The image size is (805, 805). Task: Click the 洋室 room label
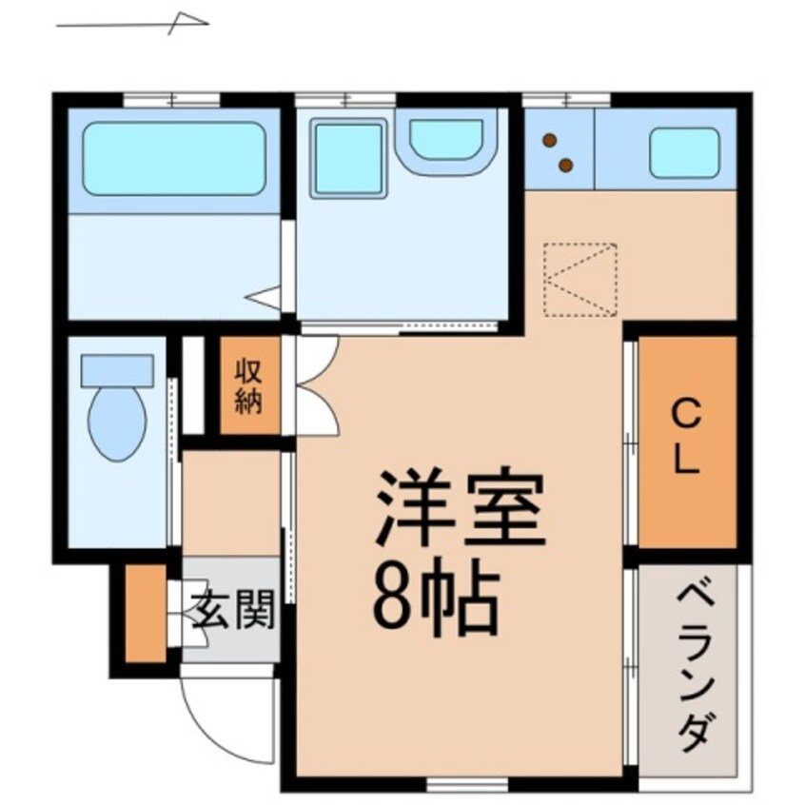pyautogui.click(x=461, y=507)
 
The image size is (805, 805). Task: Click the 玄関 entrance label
pyautogui.click(x=233, y=610)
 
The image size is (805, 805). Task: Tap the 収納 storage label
pyautogui.click(x=249, y=385)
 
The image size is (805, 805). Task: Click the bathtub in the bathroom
pyautogui.click(x=173, y=159)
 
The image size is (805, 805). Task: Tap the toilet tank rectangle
pyautogui.click(x=117, y=370)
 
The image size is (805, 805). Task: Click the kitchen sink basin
pyautogui.click(x=683, y=152)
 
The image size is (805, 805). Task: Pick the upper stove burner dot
pyautogui.click(x=550, y=141)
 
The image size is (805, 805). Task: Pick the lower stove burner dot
pyautogui.click(x=565, y=166)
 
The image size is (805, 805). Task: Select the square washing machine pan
pyautogui.click(x=348, y=158)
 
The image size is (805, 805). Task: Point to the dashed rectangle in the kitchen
pyautogui.click(x=580, y=279)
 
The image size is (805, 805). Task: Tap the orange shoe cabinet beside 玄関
pyautogui.click(x=146, y=614)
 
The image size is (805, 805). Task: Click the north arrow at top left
pyautogui.click(x=133, y=22)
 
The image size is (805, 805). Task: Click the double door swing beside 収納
pyautogui.click(x=314, y=385)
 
